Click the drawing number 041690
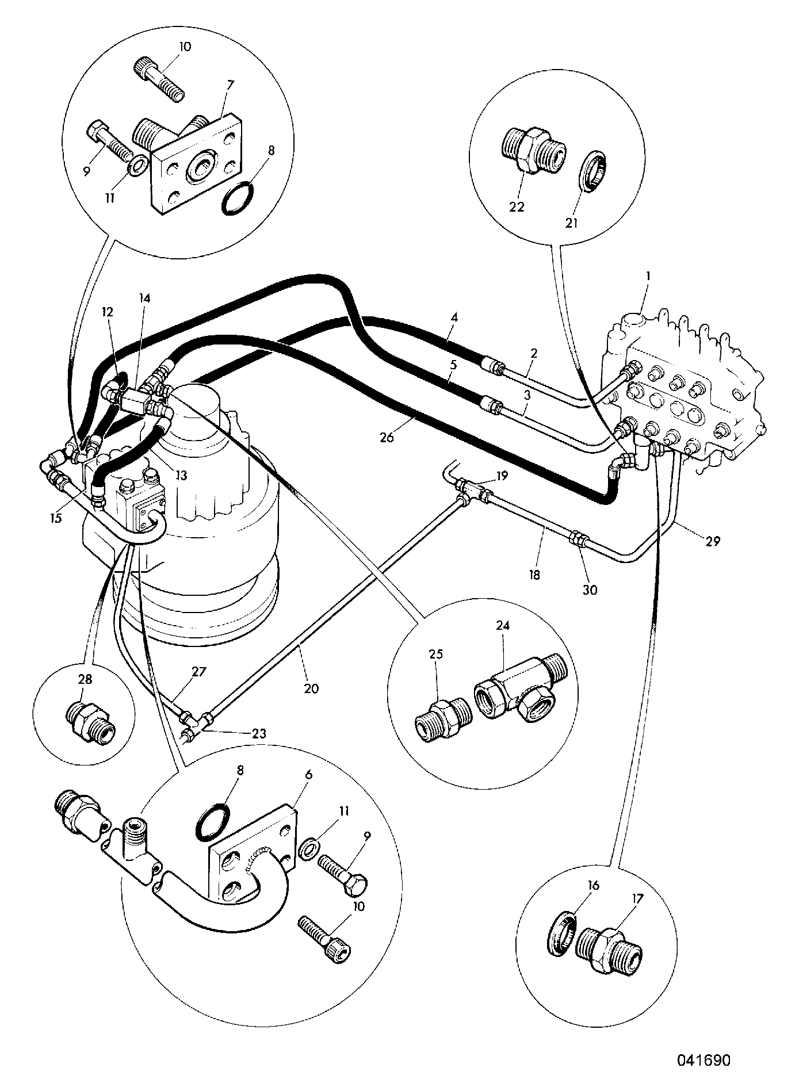click(x=702, y=1059)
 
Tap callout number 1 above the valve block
click(x=648, y=275)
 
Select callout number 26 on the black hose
click(x=387, y=437)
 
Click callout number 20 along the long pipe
click(x=311, y=688)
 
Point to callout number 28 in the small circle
click(x=85, y=679)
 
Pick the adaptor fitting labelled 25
click(x=443, y=719)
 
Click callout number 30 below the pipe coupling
click(x=590, y=590)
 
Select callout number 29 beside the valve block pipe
click(x=713, y=541)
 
